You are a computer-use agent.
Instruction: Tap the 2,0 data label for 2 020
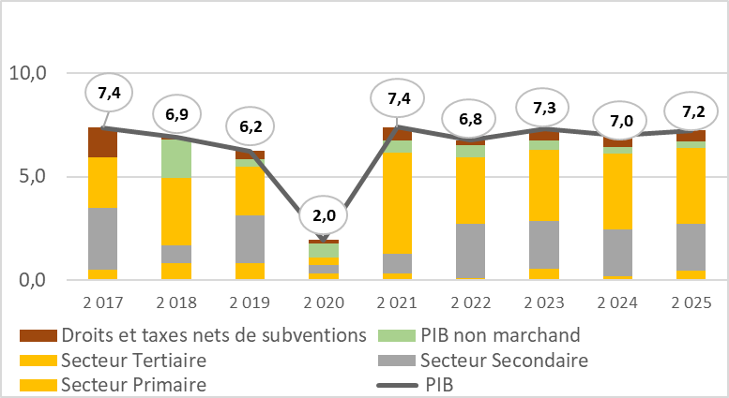pos(323,217)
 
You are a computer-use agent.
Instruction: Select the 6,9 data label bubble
pos(175,113)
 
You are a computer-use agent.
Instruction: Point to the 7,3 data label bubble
pos(546,108)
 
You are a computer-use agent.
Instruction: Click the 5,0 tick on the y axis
pos(34,176)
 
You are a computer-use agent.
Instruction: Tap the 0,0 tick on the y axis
pos(34,280)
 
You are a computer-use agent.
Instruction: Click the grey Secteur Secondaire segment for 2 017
pos(102,238)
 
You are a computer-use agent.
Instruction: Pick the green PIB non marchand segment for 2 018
pos(175,158)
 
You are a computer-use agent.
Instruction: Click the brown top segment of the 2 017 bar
pos(102,142)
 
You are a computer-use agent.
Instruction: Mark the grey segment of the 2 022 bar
pos(470,251)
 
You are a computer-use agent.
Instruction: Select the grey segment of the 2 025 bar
pos(691,247)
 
